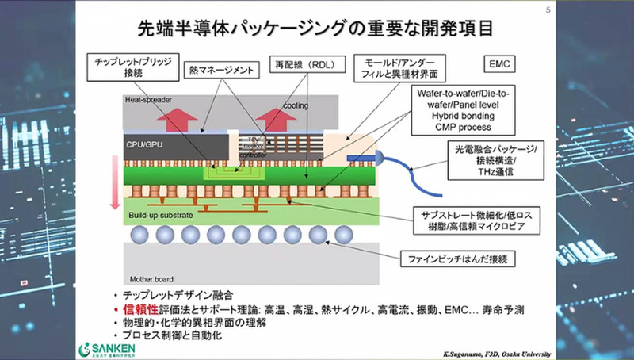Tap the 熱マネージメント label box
coord(221,71)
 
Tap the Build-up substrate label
coord(160,215)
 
